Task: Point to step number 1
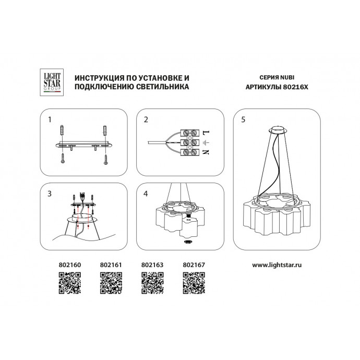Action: click(50, 119)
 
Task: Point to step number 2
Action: click(146, 119)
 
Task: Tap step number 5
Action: click(243, 119)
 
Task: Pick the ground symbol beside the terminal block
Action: click(206, 141)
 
